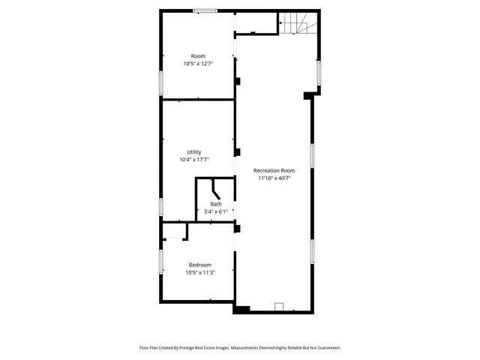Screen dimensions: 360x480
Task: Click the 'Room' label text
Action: tap(198, 56)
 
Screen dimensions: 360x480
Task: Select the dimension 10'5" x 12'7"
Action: tap(198, 64)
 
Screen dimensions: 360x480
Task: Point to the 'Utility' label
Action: tap(194, 152)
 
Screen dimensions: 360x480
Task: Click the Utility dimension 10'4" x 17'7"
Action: tap(194, 160)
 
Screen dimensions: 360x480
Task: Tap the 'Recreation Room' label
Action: tap(274, 170)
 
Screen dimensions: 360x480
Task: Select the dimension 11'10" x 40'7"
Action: tap(274, 178)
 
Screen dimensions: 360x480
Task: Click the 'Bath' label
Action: tap(216, 204)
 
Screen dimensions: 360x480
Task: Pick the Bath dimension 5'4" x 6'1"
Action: tap(216, 211)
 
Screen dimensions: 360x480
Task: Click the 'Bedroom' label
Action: tap(199, 265)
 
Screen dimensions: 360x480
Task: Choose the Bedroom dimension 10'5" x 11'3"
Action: tap(199, 272)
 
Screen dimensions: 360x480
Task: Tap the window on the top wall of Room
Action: tap(205, 10)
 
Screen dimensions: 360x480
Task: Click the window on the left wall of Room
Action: tap(160, 82)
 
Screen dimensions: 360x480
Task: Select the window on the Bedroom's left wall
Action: tap(160, 261)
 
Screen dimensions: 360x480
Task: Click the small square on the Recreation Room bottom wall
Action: tap(279, 306)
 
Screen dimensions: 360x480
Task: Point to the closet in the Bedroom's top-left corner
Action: tap(173, 231)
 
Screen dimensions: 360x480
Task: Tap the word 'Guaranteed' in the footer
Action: tap(325, 348)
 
